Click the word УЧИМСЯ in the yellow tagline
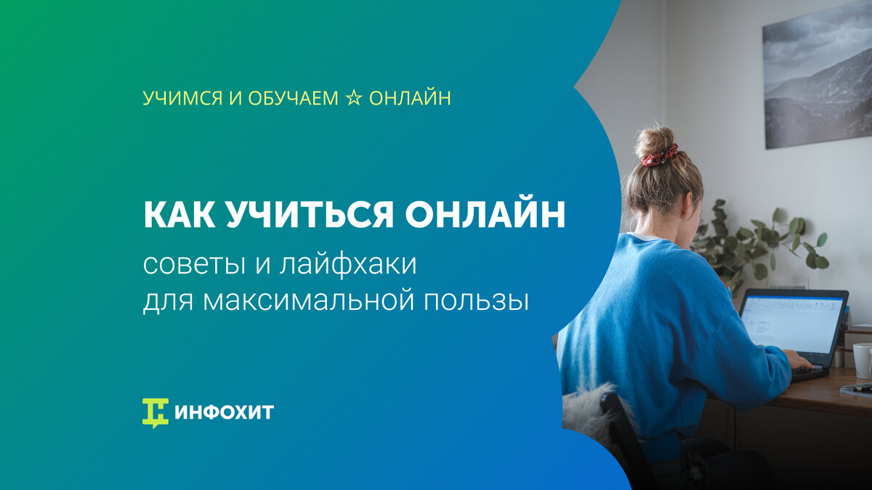pos(182,98)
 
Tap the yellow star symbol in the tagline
pos(353,98)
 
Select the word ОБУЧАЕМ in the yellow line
pos(293,98)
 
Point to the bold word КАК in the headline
pos(179,215)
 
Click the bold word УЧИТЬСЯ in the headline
pos(310,215)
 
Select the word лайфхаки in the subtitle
pos(348,266)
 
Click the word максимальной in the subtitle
pos(308,301)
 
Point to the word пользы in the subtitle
pos(477,301)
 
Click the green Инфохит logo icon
pos(156,413)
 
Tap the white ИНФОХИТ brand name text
pos(225,412)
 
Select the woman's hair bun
pos(655,142)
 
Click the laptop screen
pos(792,324)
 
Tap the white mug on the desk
pos(863,361)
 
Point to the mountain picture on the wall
pos(817,75)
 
